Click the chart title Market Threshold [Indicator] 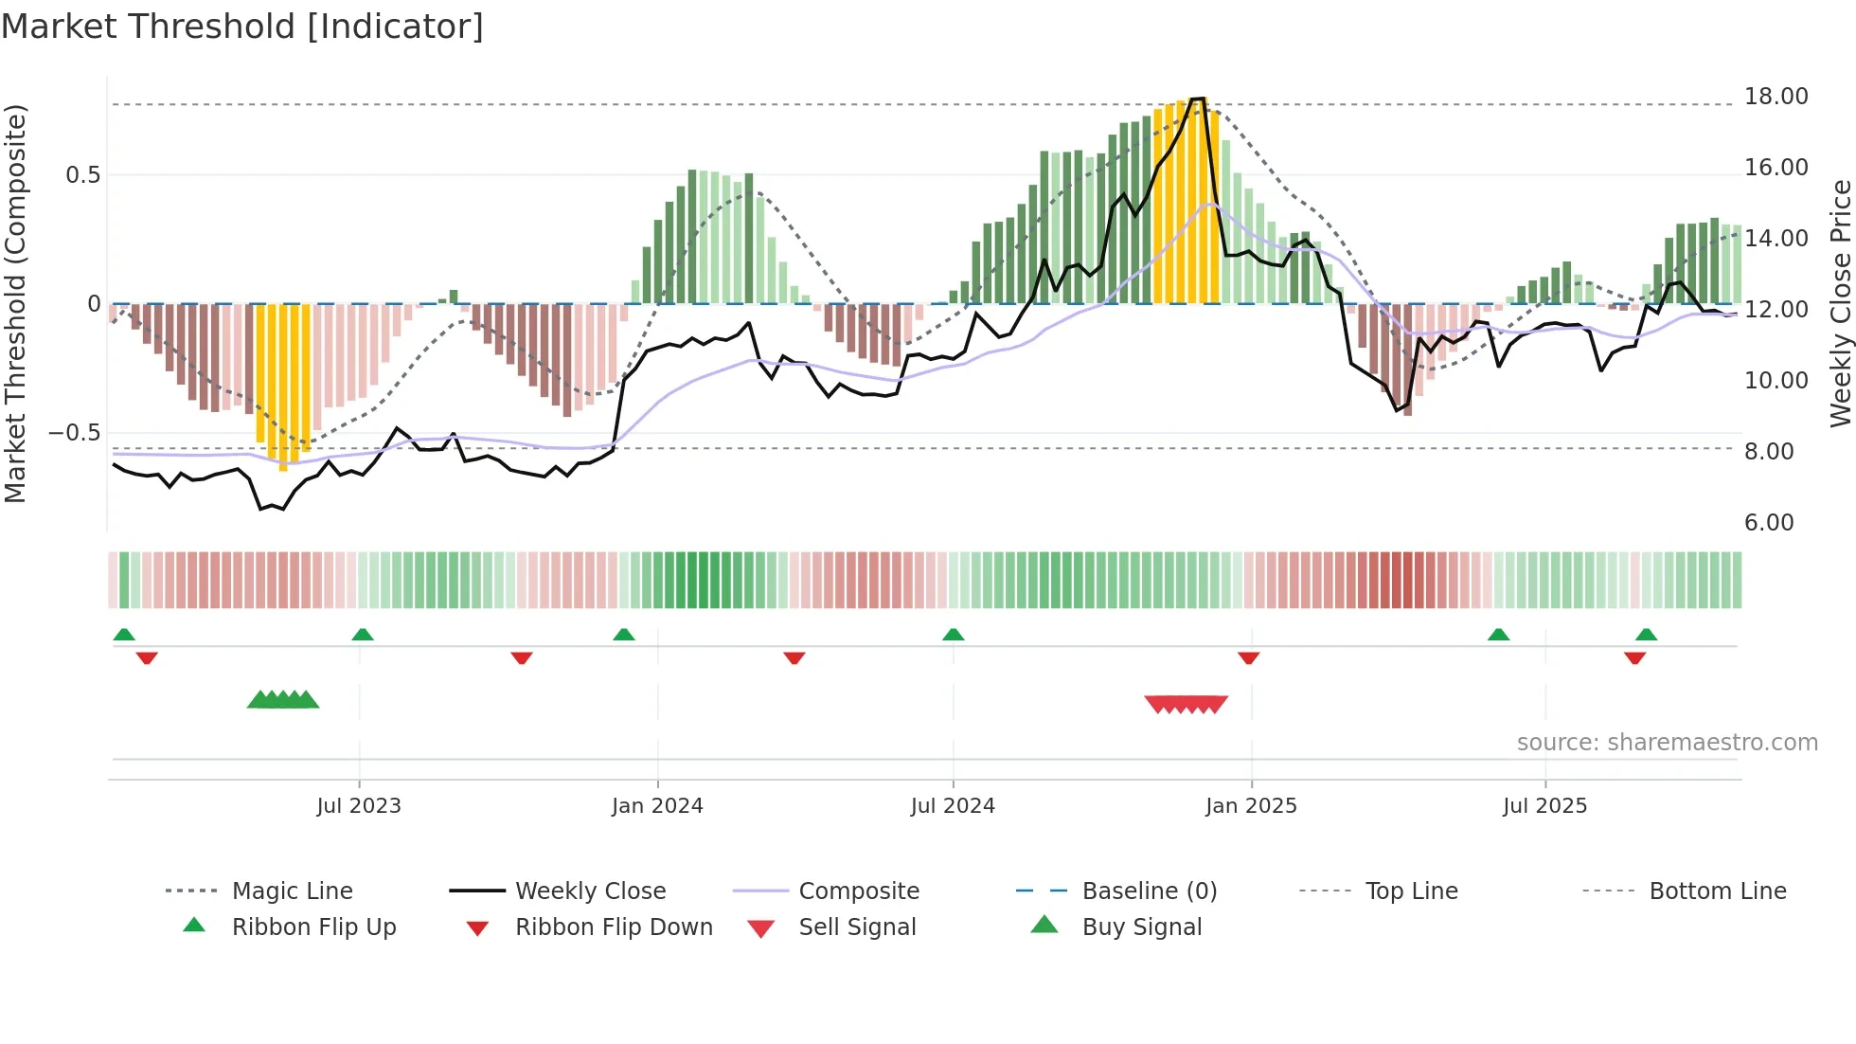click(242, 27)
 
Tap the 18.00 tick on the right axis click(1776, 97)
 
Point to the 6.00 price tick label click(1768, 523)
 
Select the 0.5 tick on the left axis click(82, 175)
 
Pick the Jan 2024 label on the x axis click(657, 806)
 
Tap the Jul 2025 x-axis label click(1544, 806)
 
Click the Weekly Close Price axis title click(1840, 303)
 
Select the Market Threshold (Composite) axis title click(15, 303)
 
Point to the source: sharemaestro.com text click(1667, 743)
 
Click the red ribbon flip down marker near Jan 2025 click(1248, 657)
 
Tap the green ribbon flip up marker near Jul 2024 click(954, 635)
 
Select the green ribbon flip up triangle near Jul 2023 click(363, 635)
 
